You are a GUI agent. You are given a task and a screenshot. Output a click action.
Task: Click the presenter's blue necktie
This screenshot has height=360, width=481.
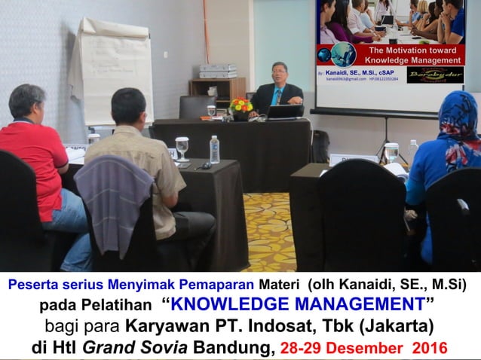pyautogui.click(x=278, y=96)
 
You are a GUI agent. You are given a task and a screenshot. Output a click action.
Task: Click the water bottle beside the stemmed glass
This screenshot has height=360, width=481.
pyautogui.click(x=215, y=149)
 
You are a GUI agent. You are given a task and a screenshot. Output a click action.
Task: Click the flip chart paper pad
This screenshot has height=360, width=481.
pyautogui.click(x=112, y=72)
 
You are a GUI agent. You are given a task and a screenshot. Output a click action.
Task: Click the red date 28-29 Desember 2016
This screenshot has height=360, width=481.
pyautogui.click(x=363, y=349)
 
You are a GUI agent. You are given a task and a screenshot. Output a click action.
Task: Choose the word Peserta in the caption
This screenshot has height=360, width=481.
pyautogui.click(x=35, y=284)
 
